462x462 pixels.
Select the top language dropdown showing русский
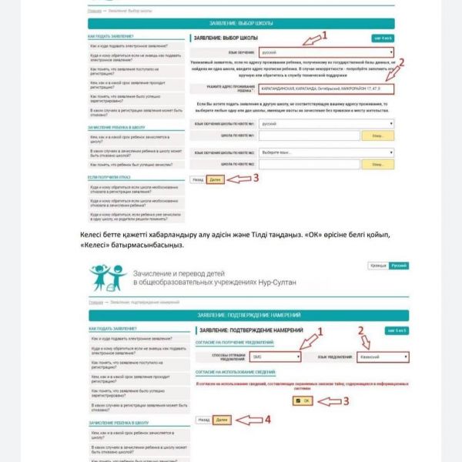click(x=326, y=53)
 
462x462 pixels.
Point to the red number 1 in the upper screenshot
click(x=324, y=35)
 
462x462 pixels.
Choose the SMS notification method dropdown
click(x=274, y=357)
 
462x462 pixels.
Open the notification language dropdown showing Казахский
click(x=382, y=357)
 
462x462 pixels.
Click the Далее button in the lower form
click(x=222, y=420)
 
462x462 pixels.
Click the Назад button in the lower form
click(x=203, y=420)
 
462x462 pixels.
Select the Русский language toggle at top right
click(x=399, y=265)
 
